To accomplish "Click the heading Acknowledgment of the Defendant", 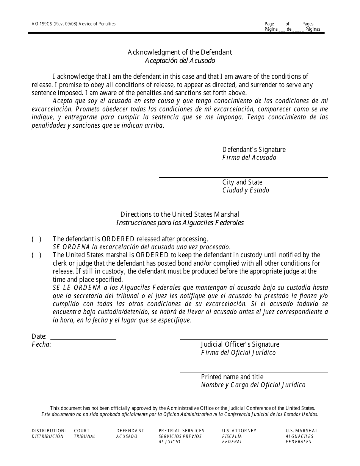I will pos(180,52).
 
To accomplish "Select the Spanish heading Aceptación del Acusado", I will pos(180,60).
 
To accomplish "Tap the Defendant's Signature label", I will pos(254,150).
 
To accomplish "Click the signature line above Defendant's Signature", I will pos(243,145).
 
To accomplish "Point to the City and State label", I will pos(242,182).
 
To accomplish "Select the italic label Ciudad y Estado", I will pos(246,190).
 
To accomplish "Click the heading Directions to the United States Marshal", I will pos(180,214).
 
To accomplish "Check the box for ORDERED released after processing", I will pos(36,239).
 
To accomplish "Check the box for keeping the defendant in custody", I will pos(36,255).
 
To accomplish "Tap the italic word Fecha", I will pos(41,344).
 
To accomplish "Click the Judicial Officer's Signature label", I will pos(240,344).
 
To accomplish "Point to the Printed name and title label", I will pos(232,377).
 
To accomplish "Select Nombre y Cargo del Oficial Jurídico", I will pos(253,385).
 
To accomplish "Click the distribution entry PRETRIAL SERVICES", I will pos(182,431).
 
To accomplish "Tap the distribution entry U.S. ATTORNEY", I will pos(239,431).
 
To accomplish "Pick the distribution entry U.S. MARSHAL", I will pos(302,431).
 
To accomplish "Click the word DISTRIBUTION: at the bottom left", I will pos(49,431).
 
